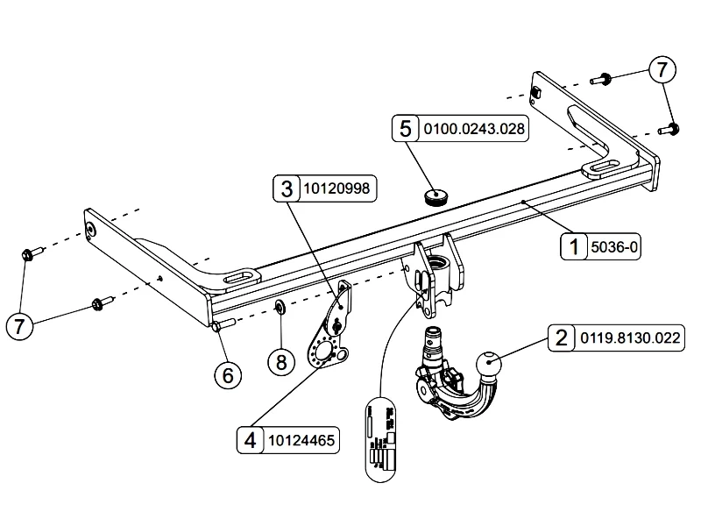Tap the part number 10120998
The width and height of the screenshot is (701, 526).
pos(336,188)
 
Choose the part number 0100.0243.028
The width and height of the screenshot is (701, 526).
pos(475,130)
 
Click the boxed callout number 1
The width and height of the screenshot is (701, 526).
pos(575,248)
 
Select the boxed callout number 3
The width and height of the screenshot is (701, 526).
pos(287,188)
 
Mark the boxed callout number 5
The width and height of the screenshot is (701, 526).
pos(405,130)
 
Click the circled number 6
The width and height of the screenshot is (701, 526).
pos(227,375)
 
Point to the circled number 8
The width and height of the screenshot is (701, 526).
pos(281,361)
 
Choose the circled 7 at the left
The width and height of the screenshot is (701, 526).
pos(21,327)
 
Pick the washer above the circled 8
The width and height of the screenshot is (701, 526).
pos(279,306)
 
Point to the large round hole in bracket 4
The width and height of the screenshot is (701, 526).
pos(326,352)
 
